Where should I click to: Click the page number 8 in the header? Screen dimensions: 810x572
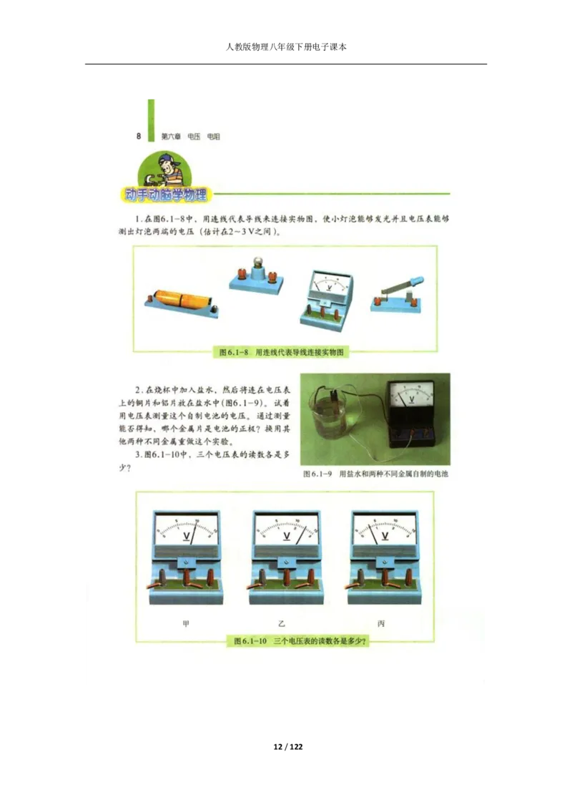(139, 136)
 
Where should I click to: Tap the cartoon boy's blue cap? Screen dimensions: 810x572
(167, 158)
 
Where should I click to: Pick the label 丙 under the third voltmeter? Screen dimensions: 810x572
(381, 624)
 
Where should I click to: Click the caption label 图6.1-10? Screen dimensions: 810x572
(251, 641)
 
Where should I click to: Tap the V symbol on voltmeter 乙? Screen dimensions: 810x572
(287, 536)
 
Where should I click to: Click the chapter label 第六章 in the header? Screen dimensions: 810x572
(170, 136)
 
